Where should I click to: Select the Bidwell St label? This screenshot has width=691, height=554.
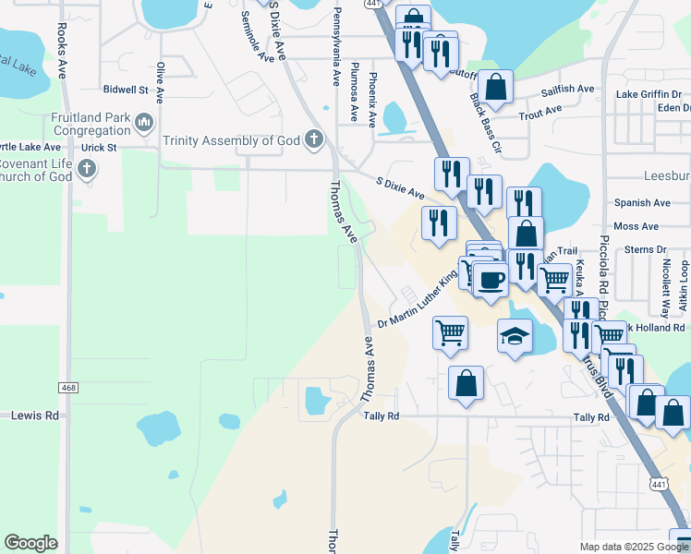pyautogui.click(x=126, y=90)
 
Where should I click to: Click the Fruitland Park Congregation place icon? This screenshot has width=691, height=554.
pyautogui.click(x=143, y=121)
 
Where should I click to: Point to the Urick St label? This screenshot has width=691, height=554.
pyautogui.click(x=99, y=147)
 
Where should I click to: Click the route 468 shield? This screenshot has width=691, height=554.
pyautogui.click(x=67, y=387)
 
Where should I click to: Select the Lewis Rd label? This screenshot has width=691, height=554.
pyautogui.click(x=34, y=415)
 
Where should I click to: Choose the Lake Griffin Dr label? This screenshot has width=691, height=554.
pyautogui.click(x=649, y=94)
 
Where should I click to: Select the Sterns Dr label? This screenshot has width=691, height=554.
pyautogui.click(x=646, y=249)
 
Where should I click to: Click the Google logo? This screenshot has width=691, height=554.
pyautogui.click(x=30, y=543)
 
